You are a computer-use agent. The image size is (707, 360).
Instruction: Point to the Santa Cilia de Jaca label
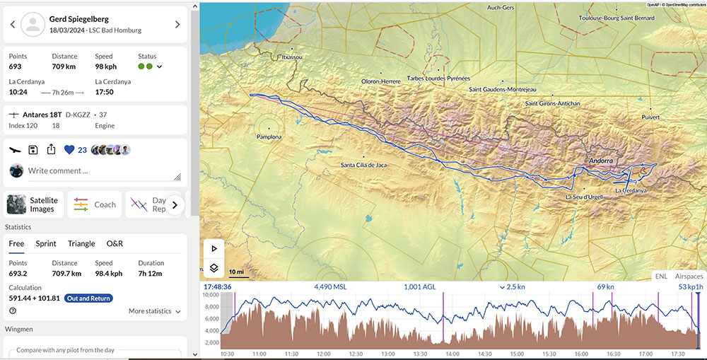pos(363,166)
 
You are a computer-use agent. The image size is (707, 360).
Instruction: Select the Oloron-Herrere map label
pos(381,81)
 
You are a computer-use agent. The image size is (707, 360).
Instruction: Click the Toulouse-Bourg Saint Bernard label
pos(616,18)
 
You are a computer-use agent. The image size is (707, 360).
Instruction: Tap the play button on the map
pos(214,249)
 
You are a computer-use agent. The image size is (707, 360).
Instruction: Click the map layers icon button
pos(214,268)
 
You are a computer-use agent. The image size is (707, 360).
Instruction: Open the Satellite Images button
pos(34,204)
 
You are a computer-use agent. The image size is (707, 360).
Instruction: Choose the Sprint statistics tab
pos(46,243)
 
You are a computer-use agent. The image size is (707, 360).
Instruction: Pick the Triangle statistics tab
pos(81,243)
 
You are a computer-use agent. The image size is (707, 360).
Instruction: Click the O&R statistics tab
pos(115,243)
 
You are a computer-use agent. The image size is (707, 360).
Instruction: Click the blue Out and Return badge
pos(88,298)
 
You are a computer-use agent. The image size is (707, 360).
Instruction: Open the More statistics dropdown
pos(154,311)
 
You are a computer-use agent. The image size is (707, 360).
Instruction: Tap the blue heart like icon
pos(69,150)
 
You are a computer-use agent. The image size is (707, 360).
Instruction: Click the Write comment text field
pos(99,170)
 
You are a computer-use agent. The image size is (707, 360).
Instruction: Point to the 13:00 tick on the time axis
pos(387,354)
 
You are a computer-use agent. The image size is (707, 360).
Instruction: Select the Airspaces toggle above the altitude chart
pos(689,276)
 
